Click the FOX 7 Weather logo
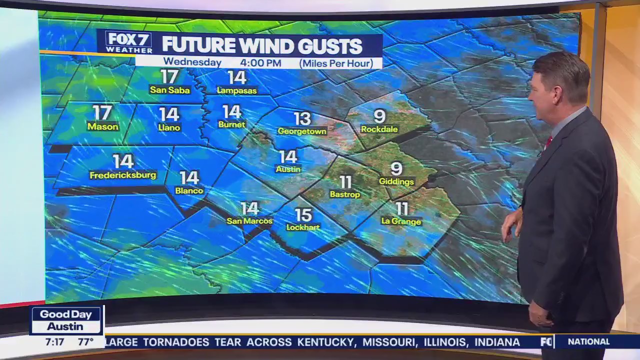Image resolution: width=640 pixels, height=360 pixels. click(x=129, y=42)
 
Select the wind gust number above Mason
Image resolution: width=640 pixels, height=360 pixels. click(x=102, y=112)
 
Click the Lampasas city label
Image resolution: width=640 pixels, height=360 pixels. click(x=237, y=90)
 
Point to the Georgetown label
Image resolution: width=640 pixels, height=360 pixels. click(x=302, y=131)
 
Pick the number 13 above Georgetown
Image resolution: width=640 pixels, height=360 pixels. click(x=302, y=118)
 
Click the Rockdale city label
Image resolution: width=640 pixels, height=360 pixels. click(x=379, y=129)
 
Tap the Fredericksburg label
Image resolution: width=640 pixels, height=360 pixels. click(x=123, y=175)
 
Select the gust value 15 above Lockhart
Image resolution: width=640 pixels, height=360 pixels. click(x=303, y=214)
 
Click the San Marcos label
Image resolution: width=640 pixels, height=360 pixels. click(x=249, y=221)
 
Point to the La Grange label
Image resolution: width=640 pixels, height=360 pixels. click(x=401, y=221)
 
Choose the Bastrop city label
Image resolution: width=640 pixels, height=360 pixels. click(x=345, y=194)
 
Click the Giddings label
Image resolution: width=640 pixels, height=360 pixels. click(x=396, y=181)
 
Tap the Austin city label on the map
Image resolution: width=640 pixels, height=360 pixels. click(x=288, y=169)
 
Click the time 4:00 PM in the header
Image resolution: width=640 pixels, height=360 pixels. click(x=260, y=63)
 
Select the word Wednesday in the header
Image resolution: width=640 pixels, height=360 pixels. click(x=192, y=62)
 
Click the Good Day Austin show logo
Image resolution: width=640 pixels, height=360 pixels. click(x=66, y=320)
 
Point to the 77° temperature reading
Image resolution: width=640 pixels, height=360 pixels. click(x=85, y=342)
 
